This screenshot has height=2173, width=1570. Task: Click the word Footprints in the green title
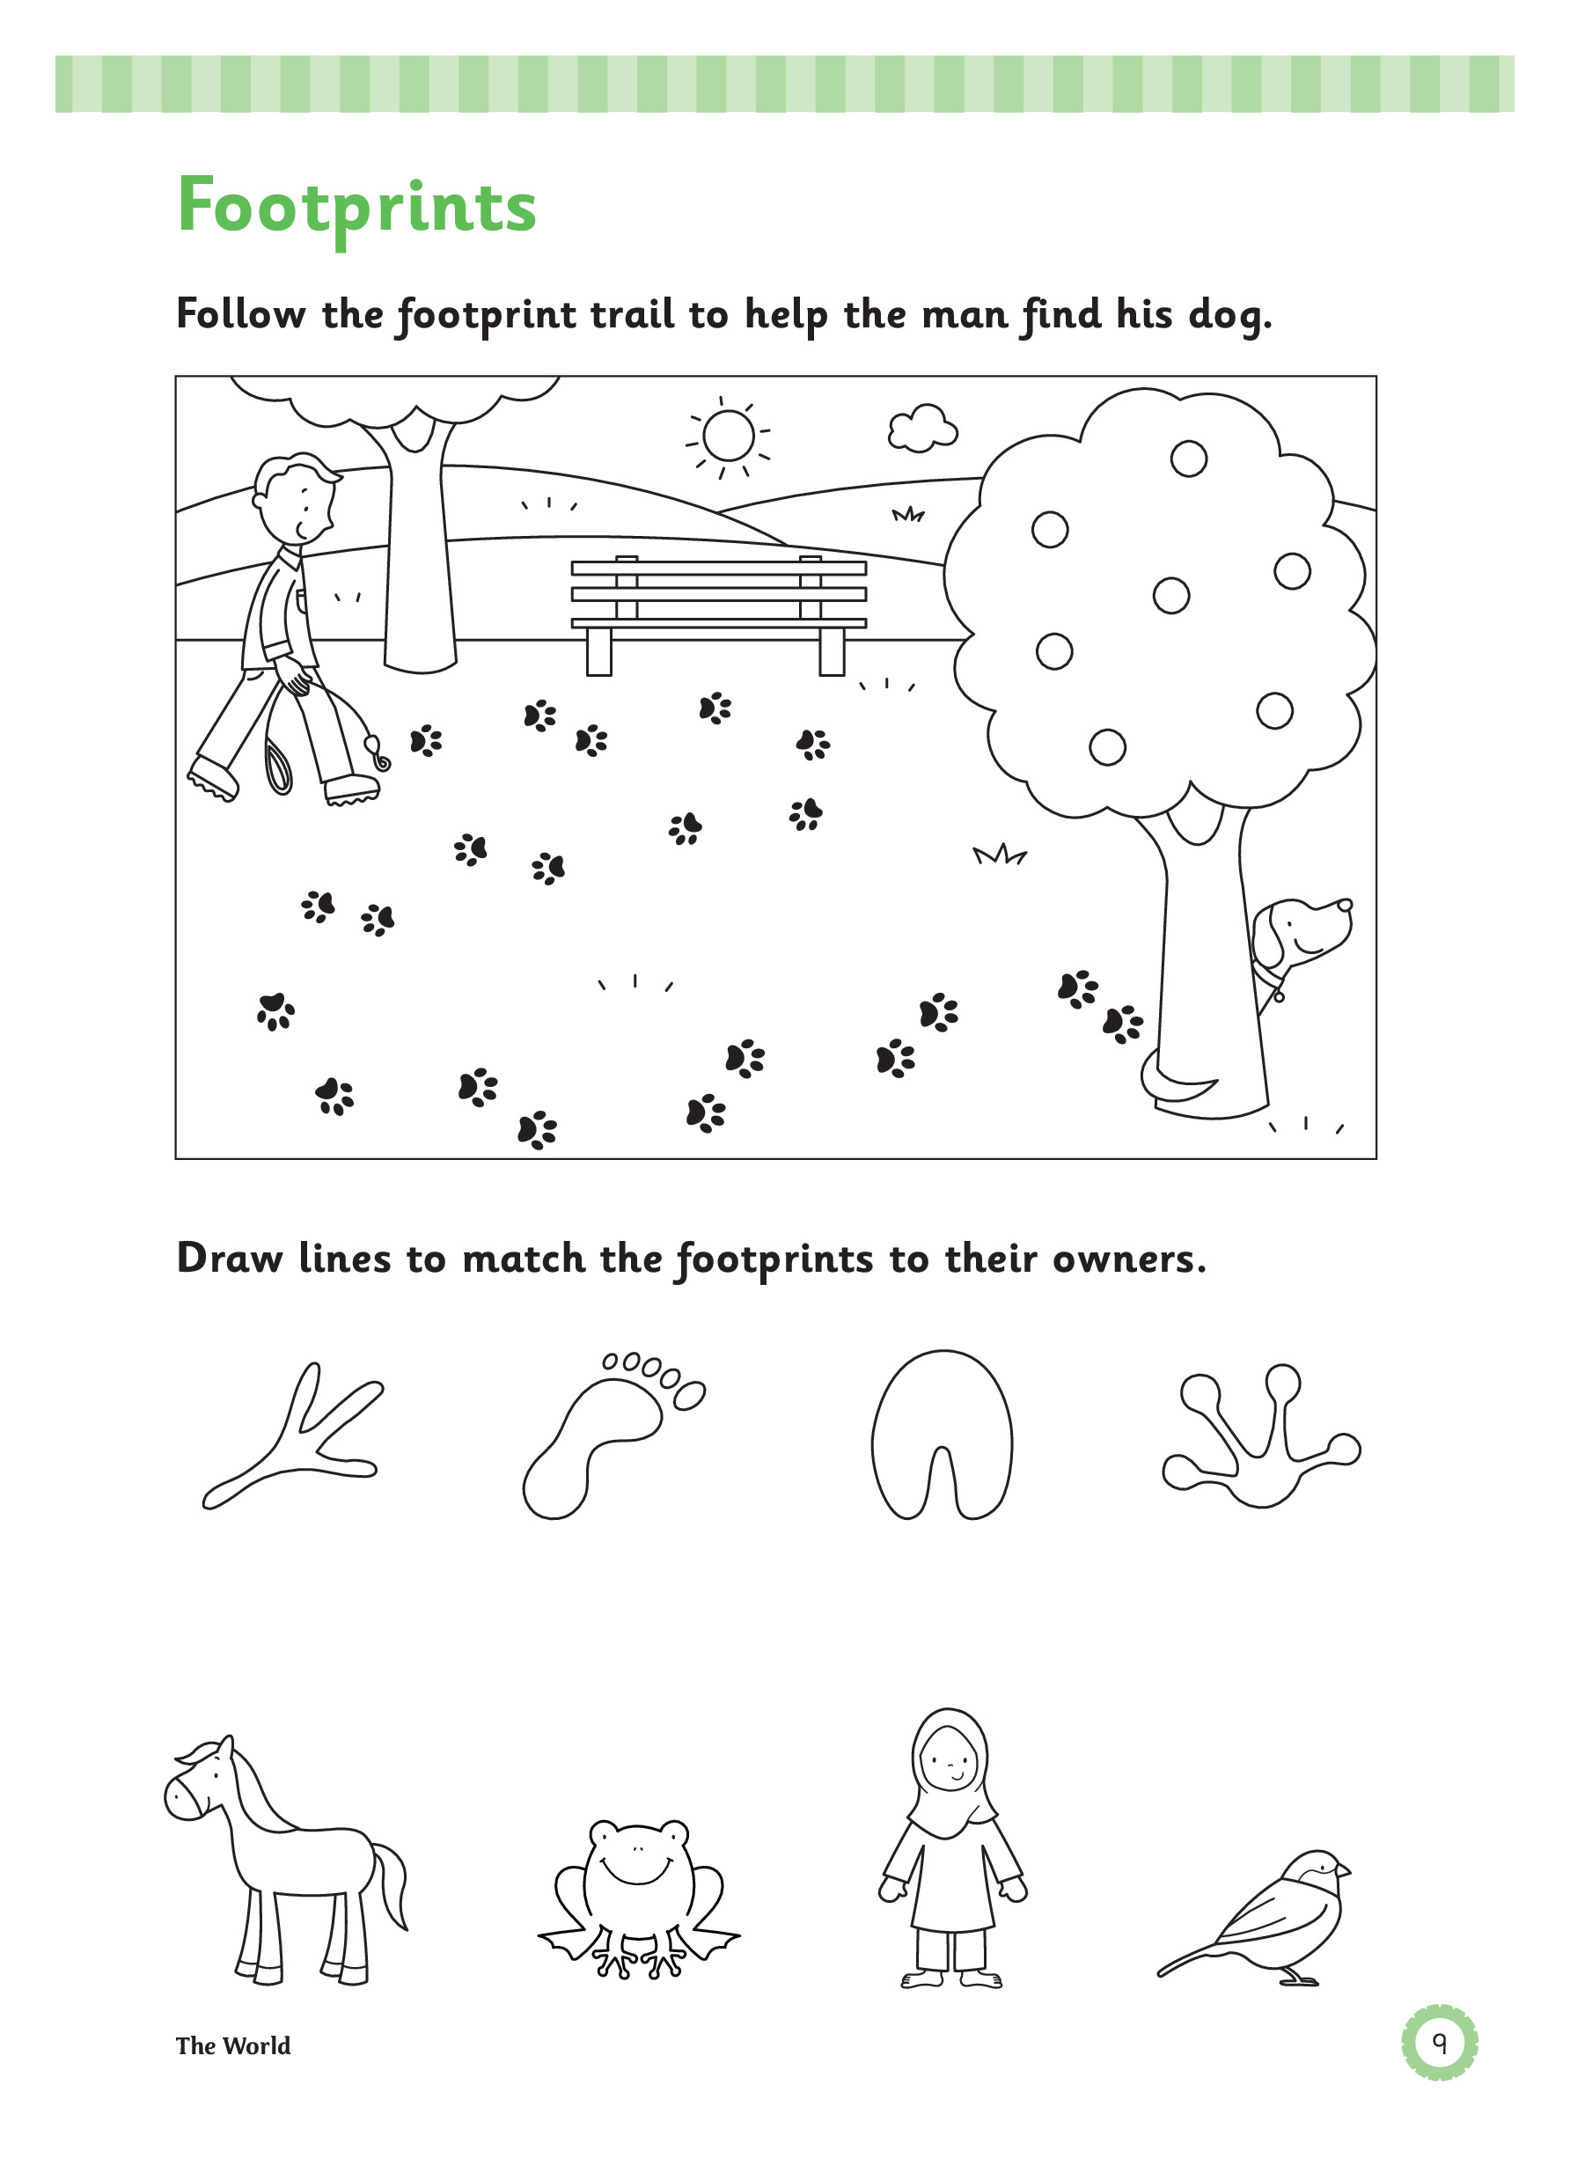[x=357, y=208]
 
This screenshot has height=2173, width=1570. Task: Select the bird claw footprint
[x=293, y=1436]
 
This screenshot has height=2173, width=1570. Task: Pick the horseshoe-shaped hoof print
[x=942, y=1435]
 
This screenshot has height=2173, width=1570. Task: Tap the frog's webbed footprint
[x=1260, y=1435]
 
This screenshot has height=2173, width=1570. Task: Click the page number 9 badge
[x=1439, y=2045]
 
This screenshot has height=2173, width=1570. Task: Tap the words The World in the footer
[x=232, y=2045]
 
